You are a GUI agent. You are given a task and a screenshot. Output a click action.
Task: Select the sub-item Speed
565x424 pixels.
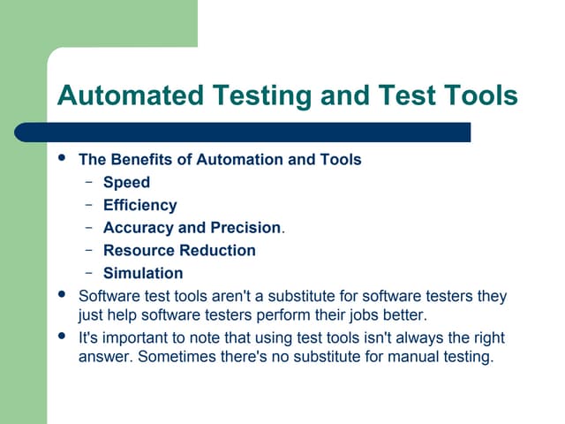pos(126,183)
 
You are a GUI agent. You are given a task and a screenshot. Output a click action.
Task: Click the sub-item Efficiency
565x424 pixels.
pos(139,205)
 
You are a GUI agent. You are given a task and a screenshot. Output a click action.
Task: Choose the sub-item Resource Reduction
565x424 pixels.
pos(179,251)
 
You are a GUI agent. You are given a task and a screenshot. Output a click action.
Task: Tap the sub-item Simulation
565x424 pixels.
pos(143,274)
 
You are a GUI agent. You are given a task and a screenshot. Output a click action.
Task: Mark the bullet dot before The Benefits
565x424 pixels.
pos(61,159)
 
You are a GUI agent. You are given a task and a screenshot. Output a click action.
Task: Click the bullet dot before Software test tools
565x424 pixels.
pos(61,295)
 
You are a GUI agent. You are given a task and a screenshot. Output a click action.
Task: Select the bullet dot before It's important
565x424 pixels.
pos(61,337)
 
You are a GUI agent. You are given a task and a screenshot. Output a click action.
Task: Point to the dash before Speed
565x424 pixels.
pos(89,183)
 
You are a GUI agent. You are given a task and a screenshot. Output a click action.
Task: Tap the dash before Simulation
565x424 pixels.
pos(89,274)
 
